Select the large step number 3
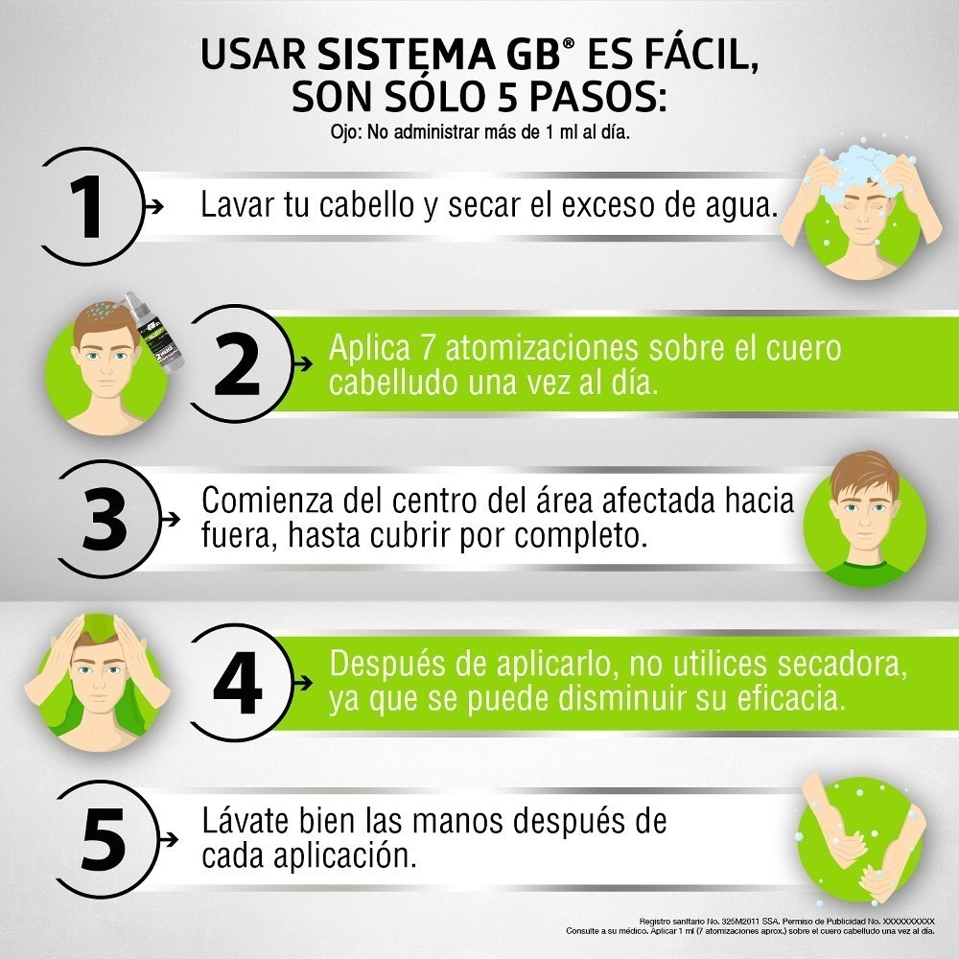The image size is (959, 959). (105, 519)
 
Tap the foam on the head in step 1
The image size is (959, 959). (861, 173)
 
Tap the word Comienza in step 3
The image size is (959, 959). (268, 501)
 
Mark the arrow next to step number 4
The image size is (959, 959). (303, 683)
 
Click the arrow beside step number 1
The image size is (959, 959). (153, 207)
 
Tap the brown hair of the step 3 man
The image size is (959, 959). (864, 474)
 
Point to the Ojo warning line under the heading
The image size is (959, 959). (479, 131)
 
